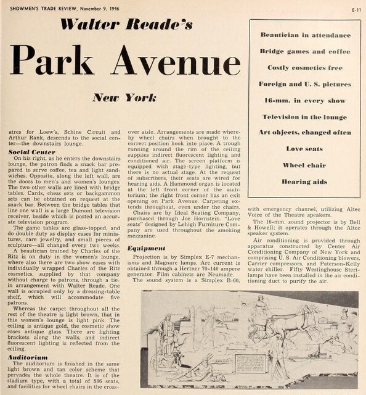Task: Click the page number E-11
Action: (355, 9)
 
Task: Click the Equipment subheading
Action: (146, 248)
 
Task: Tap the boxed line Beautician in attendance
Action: (306, 35)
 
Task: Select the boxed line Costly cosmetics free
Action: (306, 67)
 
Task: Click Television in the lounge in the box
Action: (306, 116)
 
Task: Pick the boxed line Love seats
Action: (306, 149)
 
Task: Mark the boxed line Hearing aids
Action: (306, 181)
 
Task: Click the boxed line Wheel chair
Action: (306, 165)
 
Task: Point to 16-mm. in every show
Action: (306, 100)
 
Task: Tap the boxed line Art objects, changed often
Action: (306, 133)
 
